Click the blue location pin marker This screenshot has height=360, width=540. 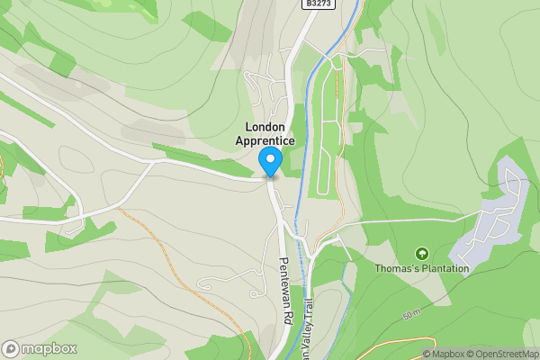pyautogui.click(x=270, y=162)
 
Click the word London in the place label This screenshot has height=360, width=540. pyautogui.click(x=265, y=127)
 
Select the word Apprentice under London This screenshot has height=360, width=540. pyautogui.click(x=265, y=140)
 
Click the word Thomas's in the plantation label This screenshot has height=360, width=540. pyautogui.click(x=399, y=268)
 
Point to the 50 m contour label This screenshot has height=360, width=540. pyautogui.click(x=412, y=314)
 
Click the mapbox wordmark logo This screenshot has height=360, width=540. pyautogui.click(x=49, y=348)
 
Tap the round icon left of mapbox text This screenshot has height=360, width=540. pyautogui.click(x=11, y=348)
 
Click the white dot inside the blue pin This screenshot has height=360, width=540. pyautogui.click(x=270, y=159)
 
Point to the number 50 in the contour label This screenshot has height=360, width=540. pyautogui.click(x=409, y=315)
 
